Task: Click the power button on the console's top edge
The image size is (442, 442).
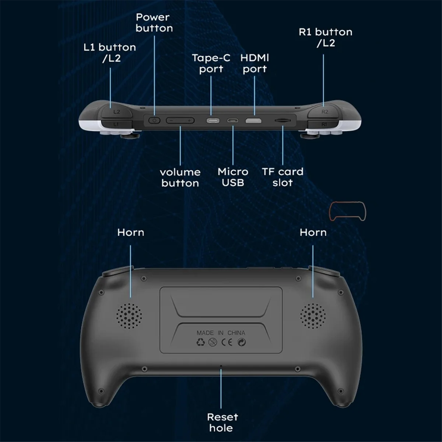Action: tap(154, 120)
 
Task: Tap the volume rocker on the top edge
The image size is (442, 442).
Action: tap(180, 120)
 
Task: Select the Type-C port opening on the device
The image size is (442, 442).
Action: tap(213, 120)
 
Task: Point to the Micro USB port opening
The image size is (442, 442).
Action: tap(233, 120)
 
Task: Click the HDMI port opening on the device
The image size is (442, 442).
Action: tap(254, 120)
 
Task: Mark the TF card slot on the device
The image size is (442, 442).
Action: tap(283, 120)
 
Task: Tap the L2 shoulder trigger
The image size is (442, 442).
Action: tap(116, 111)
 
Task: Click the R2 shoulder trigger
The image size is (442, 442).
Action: tap(324, 111)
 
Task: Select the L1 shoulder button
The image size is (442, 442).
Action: tap(116, 124)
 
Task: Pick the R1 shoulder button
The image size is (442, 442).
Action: tap(324, 124)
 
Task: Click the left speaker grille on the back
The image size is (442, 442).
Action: tap(129, 316)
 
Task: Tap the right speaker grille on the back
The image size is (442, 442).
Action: tap(313, 316)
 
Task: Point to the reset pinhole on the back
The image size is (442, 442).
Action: tap(221, 366)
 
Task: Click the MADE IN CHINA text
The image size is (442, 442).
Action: tap(221, 333)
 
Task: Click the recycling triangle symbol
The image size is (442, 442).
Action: tap(200, 342)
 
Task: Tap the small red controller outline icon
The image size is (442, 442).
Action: tap(347, 211)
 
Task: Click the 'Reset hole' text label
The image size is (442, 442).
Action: tap(222, 422)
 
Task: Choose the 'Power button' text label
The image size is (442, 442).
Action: tap(154, 22)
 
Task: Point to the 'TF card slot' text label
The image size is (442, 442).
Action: tap(283, 177)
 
